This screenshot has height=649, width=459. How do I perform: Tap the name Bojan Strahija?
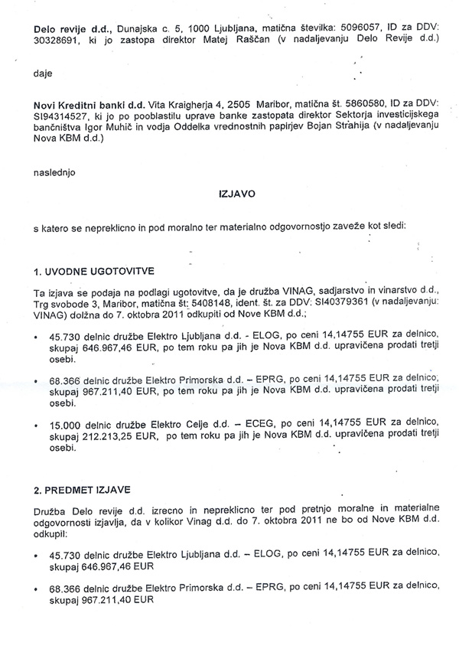click(328, 130)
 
